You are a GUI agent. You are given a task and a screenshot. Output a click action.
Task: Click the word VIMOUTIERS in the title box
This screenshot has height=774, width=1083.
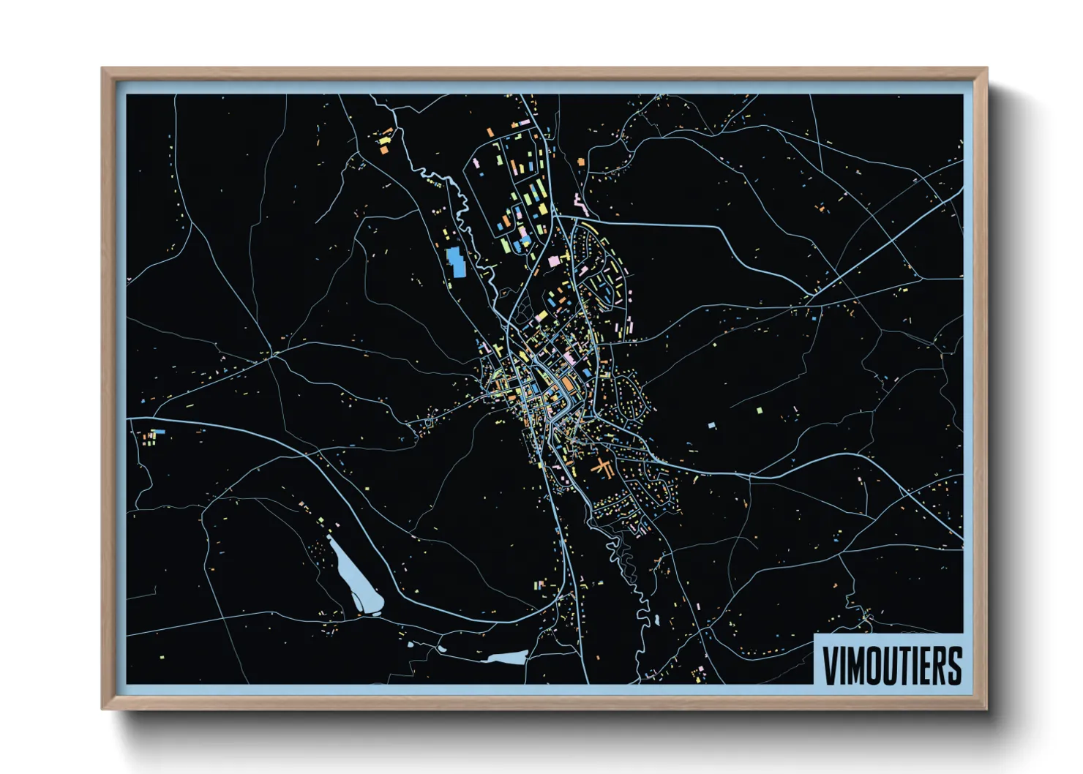891,665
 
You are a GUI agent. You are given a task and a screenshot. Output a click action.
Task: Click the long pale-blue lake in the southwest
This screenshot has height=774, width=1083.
355,578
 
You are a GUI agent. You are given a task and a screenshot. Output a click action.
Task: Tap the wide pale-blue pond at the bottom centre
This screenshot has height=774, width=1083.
505,658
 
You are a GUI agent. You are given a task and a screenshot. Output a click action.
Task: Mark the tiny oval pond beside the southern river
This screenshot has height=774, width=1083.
656,620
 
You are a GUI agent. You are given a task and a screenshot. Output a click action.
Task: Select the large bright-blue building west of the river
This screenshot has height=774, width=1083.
456,262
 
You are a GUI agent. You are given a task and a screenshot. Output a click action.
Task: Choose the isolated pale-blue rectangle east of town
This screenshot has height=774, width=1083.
711,424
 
